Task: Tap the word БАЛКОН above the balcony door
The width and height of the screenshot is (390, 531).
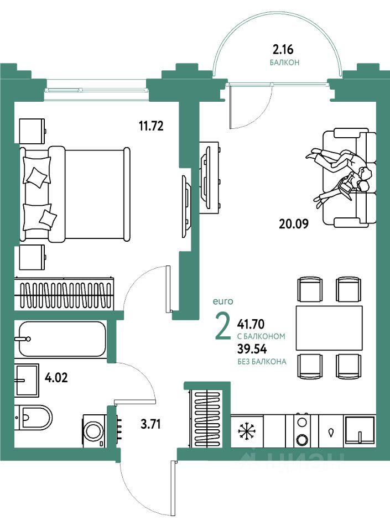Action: coord(284,63)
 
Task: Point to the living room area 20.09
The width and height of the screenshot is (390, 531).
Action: coord(293,224)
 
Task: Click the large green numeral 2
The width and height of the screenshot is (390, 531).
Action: coord(222,328)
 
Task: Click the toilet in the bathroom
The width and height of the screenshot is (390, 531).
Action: coord(34,418)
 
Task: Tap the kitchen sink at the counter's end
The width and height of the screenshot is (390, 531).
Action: coord(360,431)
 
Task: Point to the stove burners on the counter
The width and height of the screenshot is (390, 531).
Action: coord(301,430)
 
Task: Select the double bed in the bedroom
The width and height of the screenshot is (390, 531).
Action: coord(75,194)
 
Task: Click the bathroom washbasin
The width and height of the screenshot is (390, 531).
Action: coord(27,381)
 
